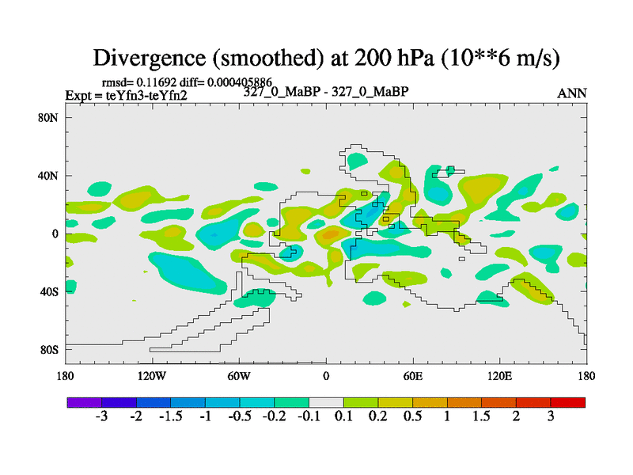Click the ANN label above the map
(572, 93)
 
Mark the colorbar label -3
(101, 417)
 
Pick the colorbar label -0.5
(240, 417)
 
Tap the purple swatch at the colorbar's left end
(84, 402)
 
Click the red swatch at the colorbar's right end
(568, 402)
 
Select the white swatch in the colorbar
(326, 402)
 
